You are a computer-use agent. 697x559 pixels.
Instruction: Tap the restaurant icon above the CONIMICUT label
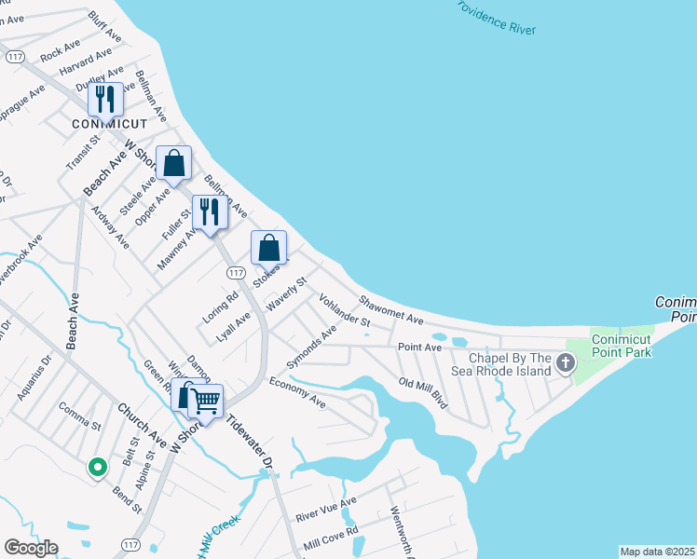point(105,98)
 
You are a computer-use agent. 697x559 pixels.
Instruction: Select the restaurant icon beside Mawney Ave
point(209,212)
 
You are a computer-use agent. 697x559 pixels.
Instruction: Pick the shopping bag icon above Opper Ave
point(173,163)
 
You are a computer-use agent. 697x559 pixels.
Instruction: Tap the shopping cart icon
point(206,402)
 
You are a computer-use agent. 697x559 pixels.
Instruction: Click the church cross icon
point(564,361)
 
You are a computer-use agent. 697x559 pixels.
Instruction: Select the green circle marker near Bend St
point(96,468)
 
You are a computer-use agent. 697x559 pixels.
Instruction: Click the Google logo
point(31,548)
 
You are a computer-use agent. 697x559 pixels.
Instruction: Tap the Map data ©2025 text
point(657,552)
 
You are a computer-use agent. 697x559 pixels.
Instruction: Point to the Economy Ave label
point(297,393)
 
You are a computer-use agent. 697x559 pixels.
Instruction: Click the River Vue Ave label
point(326,510)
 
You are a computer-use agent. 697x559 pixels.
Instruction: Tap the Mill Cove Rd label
point(331,537)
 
